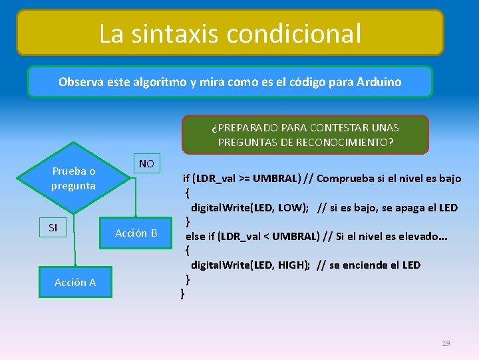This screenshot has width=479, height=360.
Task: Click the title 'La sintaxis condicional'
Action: tap(230, 33)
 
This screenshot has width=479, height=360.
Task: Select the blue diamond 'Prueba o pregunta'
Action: tap(74, 178)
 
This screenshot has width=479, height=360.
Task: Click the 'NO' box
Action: tap(146, 163)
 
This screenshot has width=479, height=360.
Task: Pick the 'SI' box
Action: tap(53, 228)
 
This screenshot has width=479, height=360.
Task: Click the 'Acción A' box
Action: tap(75, 282)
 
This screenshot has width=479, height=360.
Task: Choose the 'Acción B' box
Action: tap(136, 233)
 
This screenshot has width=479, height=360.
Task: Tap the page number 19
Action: tap(446, 343)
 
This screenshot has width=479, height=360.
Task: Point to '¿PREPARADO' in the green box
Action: tap(241, 127)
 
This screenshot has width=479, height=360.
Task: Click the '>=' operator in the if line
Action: tap(242, 178)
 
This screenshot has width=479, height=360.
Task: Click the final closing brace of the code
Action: tap(183, 293)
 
